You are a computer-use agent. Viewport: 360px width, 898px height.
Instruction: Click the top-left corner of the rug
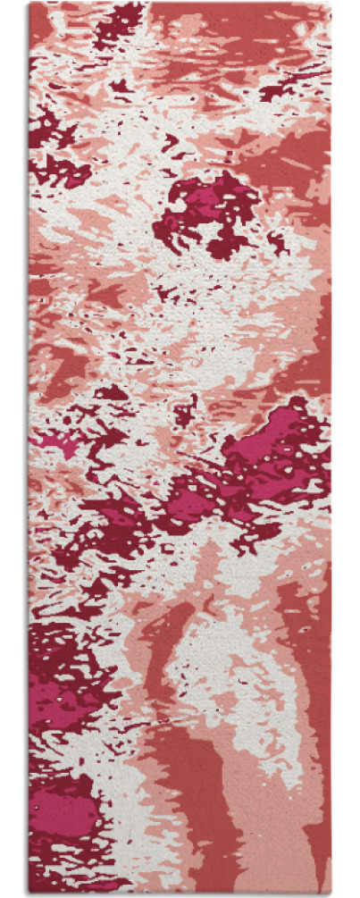coord(29,4)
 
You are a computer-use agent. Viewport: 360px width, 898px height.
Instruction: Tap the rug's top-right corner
coord(331,4)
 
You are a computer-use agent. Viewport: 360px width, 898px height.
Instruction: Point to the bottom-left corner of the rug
coord(29,893)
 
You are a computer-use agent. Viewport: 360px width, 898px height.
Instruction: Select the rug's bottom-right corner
coord(331,893)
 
